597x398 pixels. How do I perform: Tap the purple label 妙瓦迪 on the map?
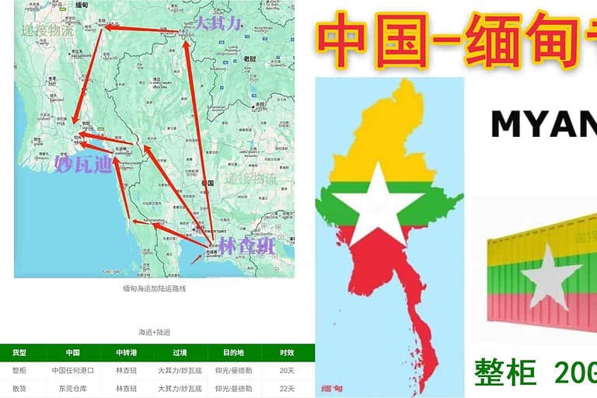coord(84,165)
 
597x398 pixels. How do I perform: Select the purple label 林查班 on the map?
coord(246,246)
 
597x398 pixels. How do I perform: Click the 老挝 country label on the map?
coord(250,58)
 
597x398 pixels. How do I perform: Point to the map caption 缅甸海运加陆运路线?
coord(155,288)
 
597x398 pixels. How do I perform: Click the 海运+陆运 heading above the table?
coord(155,332)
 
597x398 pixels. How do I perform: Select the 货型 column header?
coord(19,353)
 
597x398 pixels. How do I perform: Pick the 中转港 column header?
coord(126,353)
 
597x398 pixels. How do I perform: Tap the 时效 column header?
coord(288,353)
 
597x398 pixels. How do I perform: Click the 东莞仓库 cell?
coord(72,388)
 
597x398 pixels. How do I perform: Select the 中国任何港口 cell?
coord(72,371)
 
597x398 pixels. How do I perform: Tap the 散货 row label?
coord(19,388)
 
